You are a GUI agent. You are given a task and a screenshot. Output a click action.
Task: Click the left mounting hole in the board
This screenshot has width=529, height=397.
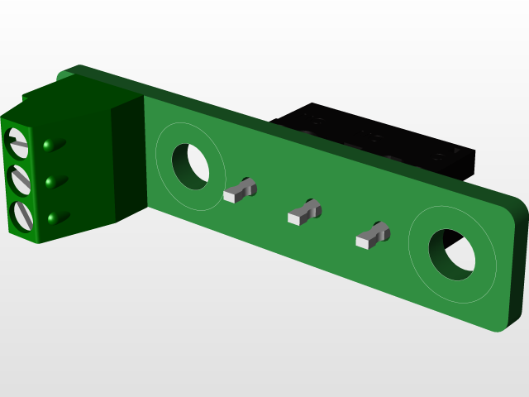point(191,164)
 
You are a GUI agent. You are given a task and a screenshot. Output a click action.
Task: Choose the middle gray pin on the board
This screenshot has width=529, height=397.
point(303,214)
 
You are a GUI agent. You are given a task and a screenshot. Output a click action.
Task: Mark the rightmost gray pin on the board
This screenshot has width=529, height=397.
point(371,237)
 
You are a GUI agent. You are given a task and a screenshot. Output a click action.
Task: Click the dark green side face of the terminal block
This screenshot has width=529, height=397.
point(128,161)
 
